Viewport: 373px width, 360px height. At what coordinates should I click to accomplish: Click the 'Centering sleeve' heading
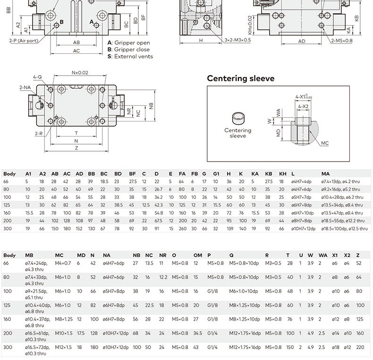point(240,78)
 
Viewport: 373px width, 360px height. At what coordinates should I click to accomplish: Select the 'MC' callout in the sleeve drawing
point(324,143)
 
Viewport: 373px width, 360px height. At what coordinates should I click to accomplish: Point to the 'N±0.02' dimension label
point(80,73)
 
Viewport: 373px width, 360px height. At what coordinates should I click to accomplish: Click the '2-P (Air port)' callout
point(23,41)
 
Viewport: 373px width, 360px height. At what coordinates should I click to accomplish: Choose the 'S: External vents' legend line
point(130,56)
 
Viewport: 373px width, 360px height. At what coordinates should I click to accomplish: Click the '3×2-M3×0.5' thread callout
point(237,40)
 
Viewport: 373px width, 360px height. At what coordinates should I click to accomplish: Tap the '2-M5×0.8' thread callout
point(341,41)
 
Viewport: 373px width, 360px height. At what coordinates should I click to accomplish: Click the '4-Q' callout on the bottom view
point(37,77)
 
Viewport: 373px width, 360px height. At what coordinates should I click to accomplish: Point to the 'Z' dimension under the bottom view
point(76,148)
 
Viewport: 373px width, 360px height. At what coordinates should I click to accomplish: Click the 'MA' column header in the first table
point(325,174)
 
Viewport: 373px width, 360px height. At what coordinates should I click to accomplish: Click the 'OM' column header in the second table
point(197,255)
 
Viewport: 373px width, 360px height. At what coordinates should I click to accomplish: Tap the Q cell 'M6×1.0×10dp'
point(244,291)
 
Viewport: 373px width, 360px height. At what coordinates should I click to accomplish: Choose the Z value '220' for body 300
point(360,347)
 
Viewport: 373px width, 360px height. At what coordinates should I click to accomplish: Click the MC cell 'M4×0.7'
point(63,263)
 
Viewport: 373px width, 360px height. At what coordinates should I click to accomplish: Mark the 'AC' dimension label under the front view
point(76,51)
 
